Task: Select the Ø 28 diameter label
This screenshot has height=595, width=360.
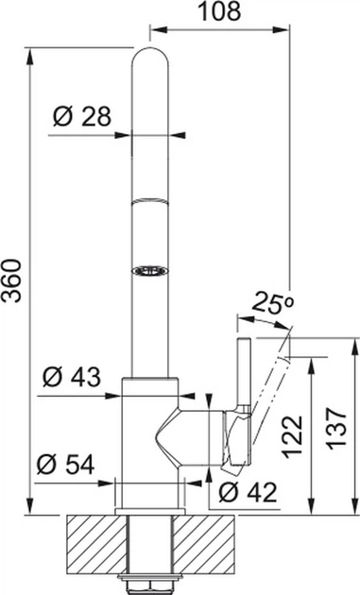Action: (x=83, y=118)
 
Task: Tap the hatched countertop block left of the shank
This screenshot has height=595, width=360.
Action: (x=92, y=543)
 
